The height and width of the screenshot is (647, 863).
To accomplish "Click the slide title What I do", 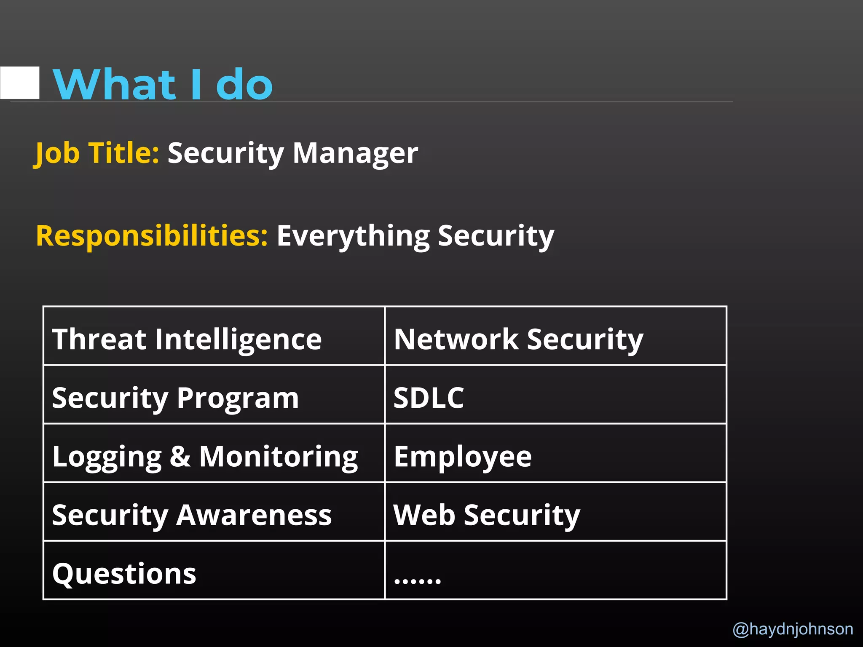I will pos(163,84).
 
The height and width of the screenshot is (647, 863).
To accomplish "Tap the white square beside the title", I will pos(20,83).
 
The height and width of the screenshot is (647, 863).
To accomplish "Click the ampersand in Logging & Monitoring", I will pos(180,456).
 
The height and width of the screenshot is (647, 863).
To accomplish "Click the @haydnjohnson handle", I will pos(793,629).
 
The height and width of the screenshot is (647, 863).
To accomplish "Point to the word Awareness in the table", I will pos(254,515).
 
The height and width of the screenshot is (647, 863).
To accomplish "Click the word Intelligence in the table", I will pos(238,340).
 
